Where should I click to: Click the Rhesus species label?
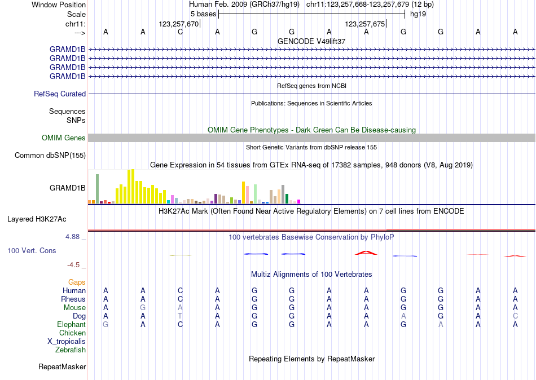(73, 299)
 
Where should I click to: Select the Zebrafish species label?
(71, 350)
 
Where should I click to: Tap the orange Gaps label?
(77, 282)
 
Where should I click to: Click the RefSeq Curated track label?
(60, 94)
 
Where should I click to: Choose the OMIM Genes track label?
(64, 138)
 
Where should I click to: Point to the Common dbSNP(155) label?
(50, 156)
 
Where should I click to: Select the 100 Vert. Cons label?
(32, 250)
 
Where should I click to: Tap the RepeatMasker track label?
(62, 367)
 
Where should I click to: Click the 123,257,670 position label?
(179, 24)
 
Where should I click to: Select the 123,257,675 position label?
(364, 24)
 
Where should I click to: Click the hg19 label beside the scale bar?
(418, 14)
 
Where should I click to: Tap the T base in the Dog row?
(180, 316)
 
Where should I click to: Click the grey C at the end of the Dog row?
(515, 316)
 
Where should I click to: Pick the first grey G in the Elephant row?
(106, 324)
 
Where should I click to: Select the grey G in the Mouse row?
(143, 307)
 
